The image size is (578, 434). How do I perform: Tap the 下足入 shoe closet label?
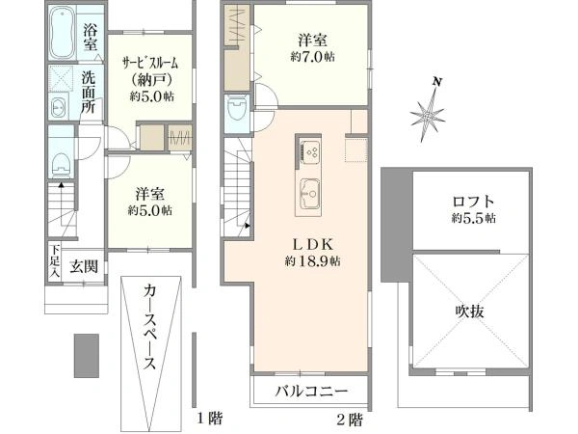(55, 265)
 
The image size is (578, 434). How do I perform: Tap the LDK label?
(311, 242)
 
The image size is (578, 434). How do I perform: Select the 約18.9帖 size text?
(311, 260)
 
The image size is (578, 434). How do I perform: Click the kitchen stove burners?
(313, 151)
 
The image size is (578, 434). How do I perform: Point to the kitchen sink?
(313, 190)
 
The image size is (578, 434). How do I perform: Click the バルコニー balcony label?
(310, 392)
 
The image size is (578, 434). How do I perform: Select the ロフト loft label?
(474, 202)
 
